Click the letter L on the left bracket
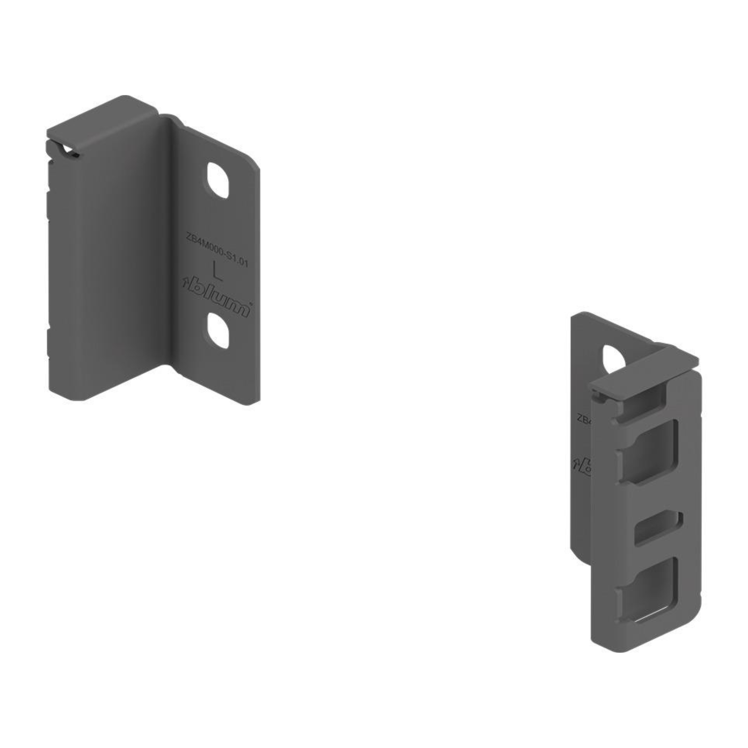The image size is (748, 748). [218, 271]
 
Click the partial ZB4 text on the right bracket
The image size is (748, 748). [583, 419]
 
